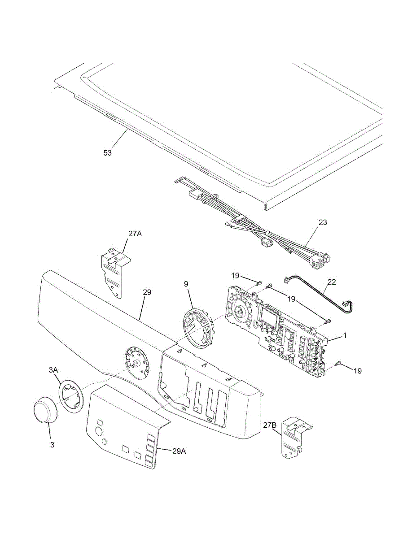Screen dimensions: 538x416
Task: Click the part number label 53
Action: point(108,153)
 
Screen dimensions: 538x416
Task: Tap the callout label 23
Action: point(322,222)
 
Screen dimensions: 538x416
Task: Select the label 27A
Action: point(136,234)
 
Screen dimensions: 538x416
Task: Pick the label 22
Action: point(331,282)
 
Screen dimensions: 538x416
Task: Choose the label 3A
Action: point(53,370)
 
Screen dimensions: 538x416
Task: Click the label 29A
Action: point(179,451)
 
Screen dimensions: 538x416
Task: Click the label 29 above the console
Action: point(147,292)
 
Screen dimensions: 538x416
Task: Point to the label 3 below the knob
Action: point(52,445)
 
